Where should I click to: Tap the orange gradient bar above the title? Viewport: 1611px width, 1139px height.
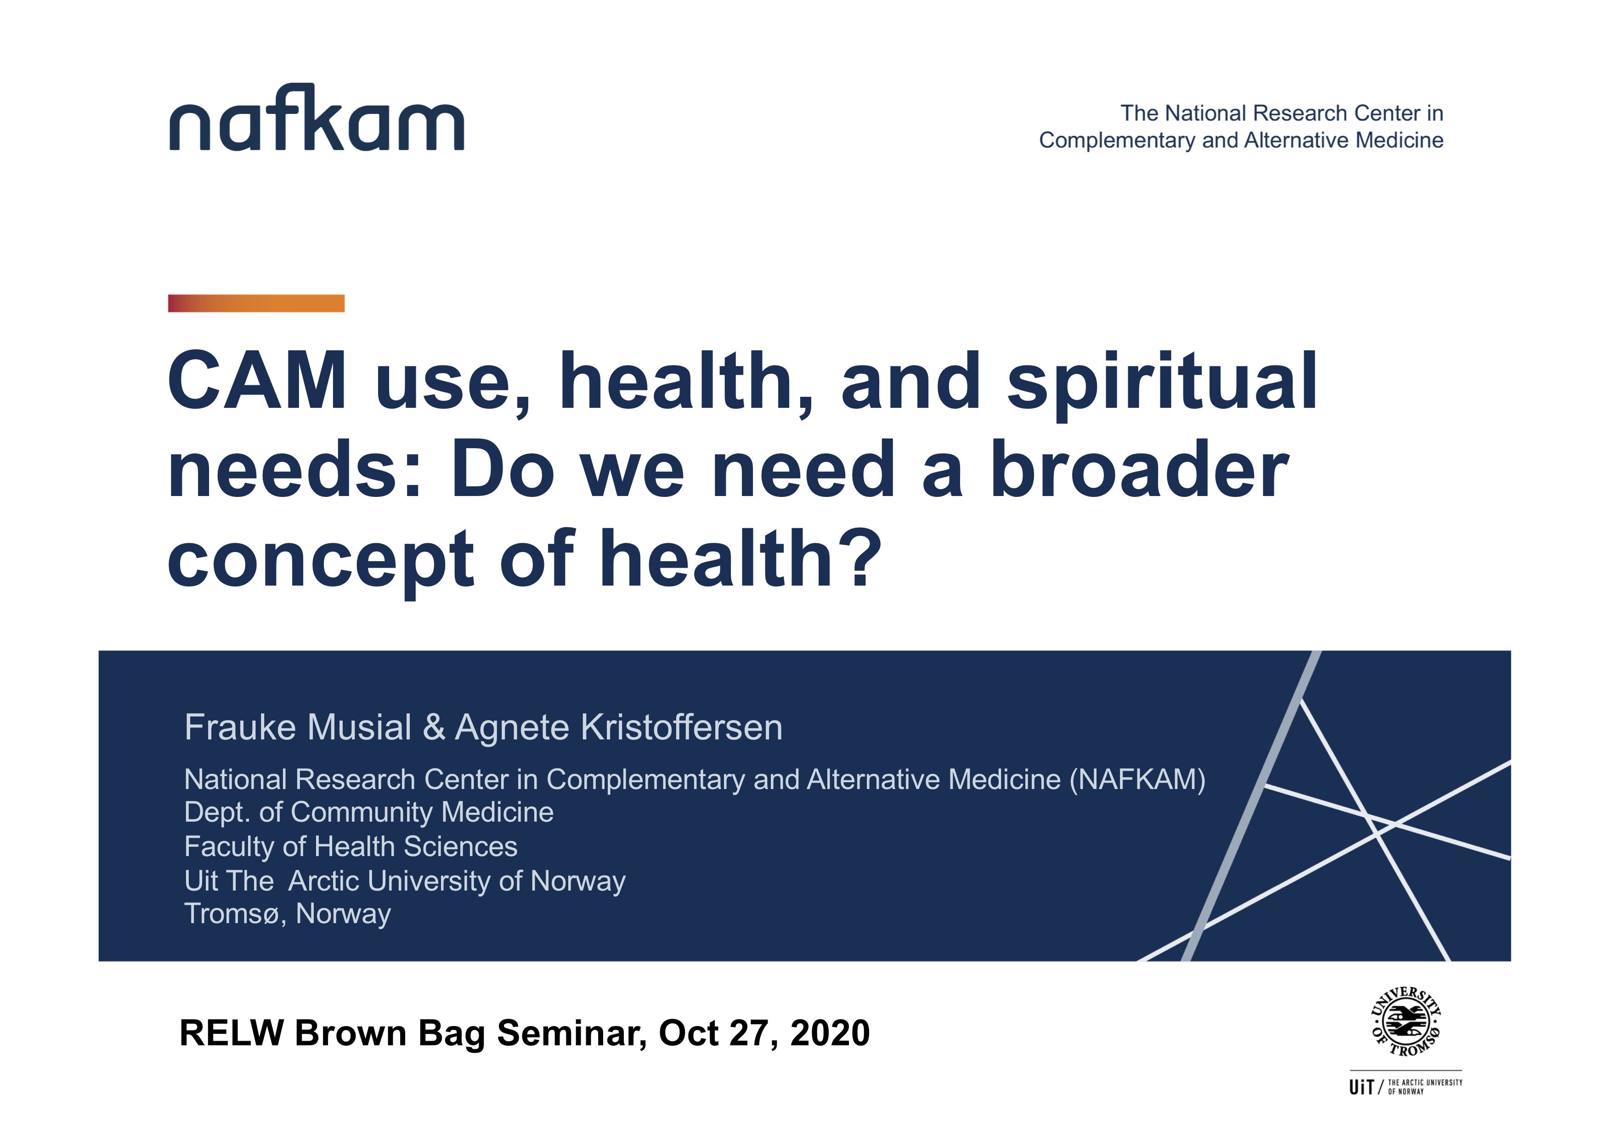pyautogui.click(x=256, y=303)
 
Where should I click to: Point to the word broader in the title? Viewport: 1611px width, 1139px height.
pyautogui.click(x=1139, y=470)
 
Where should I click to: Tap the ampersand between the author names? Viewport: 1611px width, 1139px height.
pyautogui.click(x=434, y=727)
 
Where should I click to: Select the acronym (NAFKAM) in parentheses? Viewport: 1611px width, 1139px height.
pyautogui.click(x=1137, y=780)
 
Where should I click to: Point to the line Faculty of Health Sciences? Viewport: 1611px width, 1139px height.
pyautogui.click(x=351, y=846)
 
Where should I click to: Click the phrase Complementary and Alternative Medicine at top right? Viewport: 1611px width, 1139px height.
pyautogui.click(x=1241, y=140)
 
